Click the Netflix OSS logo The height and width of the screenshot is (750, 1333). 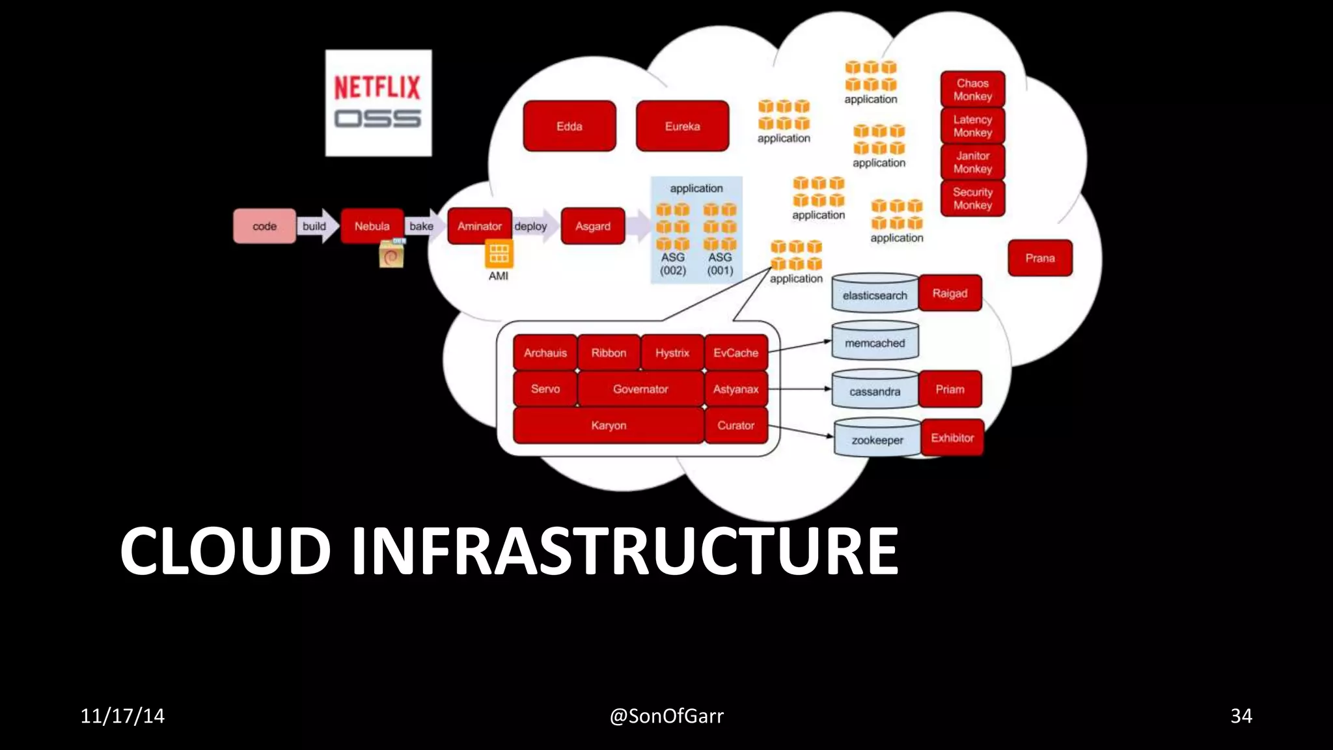pos(378,103)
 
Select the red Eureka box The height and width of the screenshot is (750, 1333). pos(682,126)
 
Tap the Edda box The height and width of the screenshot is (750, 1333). pos(569,126)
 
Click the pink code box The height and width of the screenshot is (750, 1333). pos(264,226)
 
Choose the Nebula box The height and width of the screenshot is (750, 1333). pos(372,225)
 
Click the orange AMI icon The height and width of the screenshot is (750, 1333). pos(499,254)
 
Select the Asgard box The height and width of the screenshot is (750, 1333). pos(592,226)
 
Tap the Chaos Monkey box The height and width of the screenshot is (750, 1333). pos(972,89)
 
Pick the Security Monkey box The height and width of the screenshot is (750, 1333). pos(972,199)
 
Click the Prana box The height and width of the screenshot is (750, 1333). pos(1039,258)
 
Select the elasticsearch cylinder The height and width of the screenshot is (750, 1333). pos(874,294)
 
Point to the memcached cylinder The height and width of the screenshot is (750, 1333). pos(874,342)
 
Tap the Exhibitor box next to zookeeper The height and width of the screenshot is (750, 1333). pos(952,437)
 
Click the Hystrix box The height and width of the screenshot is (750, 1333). pos(672,352)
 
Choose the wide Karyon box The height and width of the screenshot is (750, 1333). pos(608,425)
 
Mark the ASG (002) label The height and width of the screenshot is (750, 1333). pos(672,264)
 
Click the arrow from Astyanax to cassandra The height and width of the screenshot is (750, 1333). pos(799,389)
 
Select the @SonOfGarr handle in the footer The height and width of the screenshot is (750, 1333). pos(666,715)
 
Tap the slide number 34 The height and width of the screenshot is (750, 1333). pos(1241,715)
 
